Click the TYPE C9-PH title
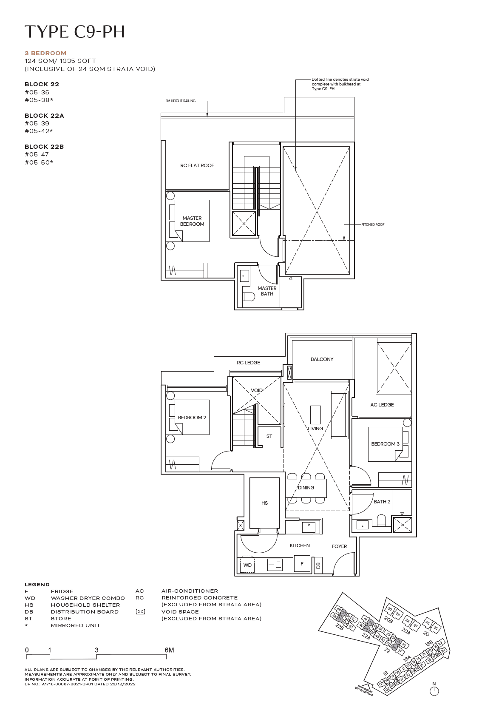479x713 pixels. pyautogui.click(x=75, y=32)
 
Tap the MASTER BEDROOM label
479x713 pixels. pyautogui.click(x=192, y=221)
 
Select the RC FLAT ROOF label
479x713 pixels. pyautogui.click(x=197, y=165)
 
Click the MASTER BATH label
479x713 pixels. pyautogui.click(x=267, y=291)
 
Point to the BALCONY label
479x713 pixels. pyautogui.click(x=322, y=359)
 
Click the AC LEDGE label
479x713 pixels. pyautogui.click(x=382, y=405)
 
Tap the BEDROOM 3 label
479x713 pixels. pyautogui.click(x=385, y=444)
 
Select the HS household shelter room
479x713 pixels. pyautogui.click(x=264, y=503)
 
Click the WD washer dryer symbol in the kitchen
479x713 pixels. pyautogui.click(x=247, y=565)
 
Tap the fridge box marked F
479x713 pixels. pyautogui.click(x=302, y=564)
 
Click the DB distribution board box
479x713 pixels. pyautogui.click(x=318, y=565)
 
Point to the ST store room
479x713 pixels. pyautogui.click(x=269, y=437)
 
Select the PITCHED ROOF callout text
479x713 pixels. pyautogui.click(x=373, y=224)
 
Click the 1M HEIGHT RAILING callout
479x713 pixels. pyautogui.click(x=181, y=101)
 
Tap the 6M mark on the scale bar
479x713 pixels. pyautogui.click(x=169, y=650)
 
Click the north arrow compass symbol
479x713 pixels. pyautogui.click(x=434, y=691)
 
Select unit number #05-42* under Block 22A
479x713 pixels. pyautogui.click(x=39, y=131)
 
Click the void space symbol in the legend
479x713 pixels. pyautogui.click(x=140, y=612)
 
